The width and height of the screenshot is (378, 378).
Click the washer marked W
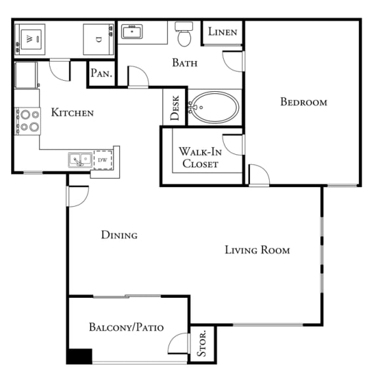30,39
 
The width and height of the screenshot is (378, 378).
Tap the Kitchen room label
72,113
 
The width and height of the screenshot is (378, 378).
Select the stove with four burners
28,120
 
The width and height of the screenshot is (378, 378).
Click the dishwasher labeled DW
103,159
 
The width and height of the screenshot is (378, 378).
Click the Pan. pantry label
101,74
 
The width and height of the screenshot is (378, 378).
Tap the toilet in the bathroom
183,34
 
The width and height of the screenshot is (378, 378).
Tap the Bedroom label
303,102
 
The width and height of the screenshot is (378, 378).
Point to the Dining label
119,234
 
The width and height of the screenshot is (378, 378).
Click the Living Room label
257,250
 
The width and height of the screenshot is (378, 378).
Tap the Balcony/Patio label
126,327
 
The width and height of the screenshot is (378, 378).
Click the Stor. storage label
202,343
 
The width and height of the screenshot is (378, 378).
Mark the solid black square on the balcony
79,356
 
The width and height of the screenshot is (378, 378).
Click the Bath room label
184,63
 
